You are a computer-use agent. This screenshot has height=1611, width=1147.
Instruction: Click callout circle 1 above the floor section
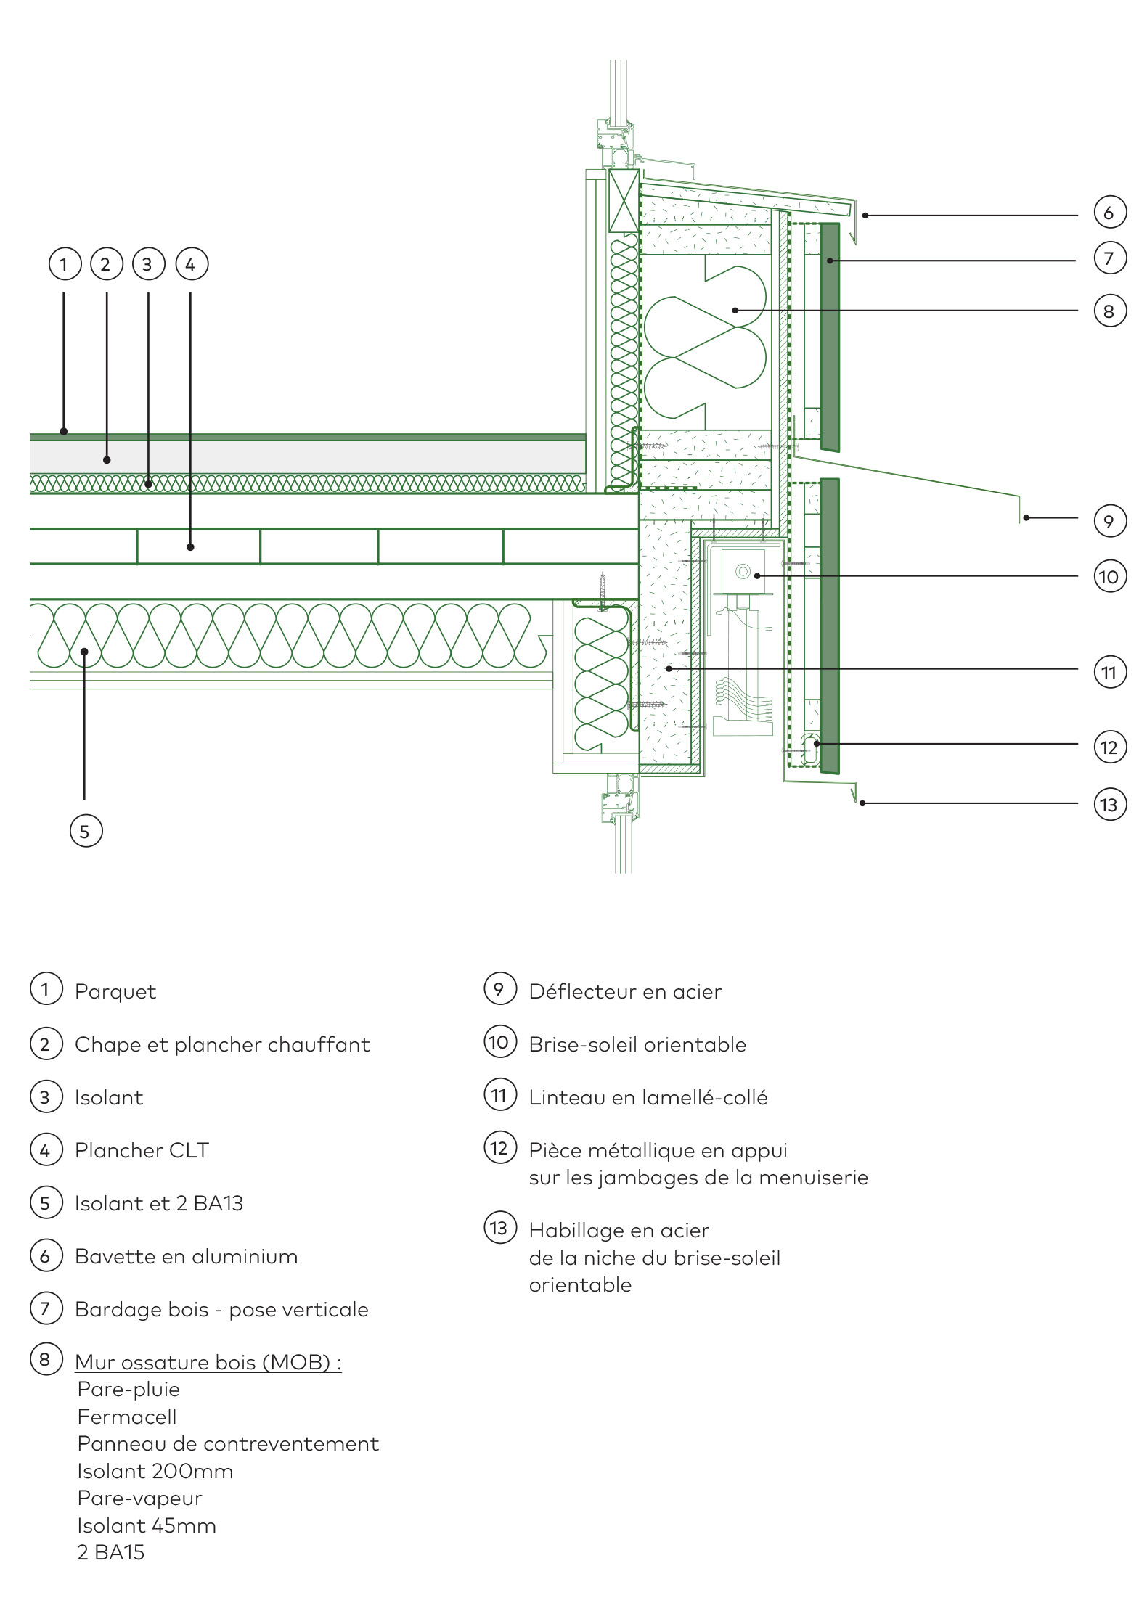(x=64, y=264)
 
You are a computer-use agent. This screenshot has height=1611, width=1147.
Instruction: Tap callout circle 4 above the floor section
(x=191, y=264)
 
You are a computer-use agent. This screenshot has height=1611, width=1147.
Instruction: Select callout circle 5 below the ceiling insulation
(x=86, y=831)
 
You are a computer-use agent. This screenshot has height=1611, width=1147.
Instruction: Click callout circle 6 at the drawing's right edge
(x=1109, y=212)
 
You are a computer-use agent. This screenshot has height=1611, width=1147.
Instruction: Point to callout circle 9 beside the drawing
(x=1109, y=521)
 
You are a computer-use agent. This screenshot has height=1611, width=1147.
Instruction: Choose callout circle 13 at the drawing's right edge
(x=1109, y=804)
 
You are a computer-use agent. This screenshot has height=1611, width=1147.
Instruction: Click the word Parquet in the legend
(x=115, y=992)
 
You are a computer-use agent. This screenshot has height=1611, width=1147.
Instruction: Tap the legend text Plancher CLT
(x=142, y=1150)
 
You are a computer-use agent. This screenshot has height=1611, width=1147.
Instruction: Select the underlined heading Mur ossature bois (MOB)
(x=207, y=1362)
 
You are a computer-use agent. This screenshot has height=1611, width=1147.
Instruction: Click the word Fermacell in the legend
(x=127, y=1417)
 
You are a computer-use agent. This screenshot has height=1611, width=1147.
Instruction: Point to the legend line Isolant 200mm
(x=155, y=1471)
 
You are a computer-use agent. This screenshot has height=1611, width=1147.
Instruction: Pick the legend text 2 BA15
(x=111, y=1552)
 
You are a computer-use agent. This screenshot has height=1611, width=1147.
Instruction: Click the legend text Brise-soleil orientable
(x=637, y=1044)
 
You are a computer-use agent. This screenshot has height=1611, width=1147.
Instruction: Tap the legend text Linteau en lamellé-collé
(x=648, y=1097)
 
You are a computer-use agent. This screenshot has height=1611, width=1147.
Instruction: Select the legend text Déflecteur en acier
(x=625, y=991)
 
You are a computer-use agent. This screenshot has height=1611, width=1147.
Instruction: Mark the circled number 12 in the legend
(x=500, y=1147)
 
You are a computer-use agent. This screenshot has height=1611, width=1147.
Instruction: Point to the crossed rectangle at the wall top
(x=624, y=201)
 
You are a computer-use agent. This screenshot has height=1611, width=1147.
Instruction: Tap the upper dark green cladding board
(x=830, y=337)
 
